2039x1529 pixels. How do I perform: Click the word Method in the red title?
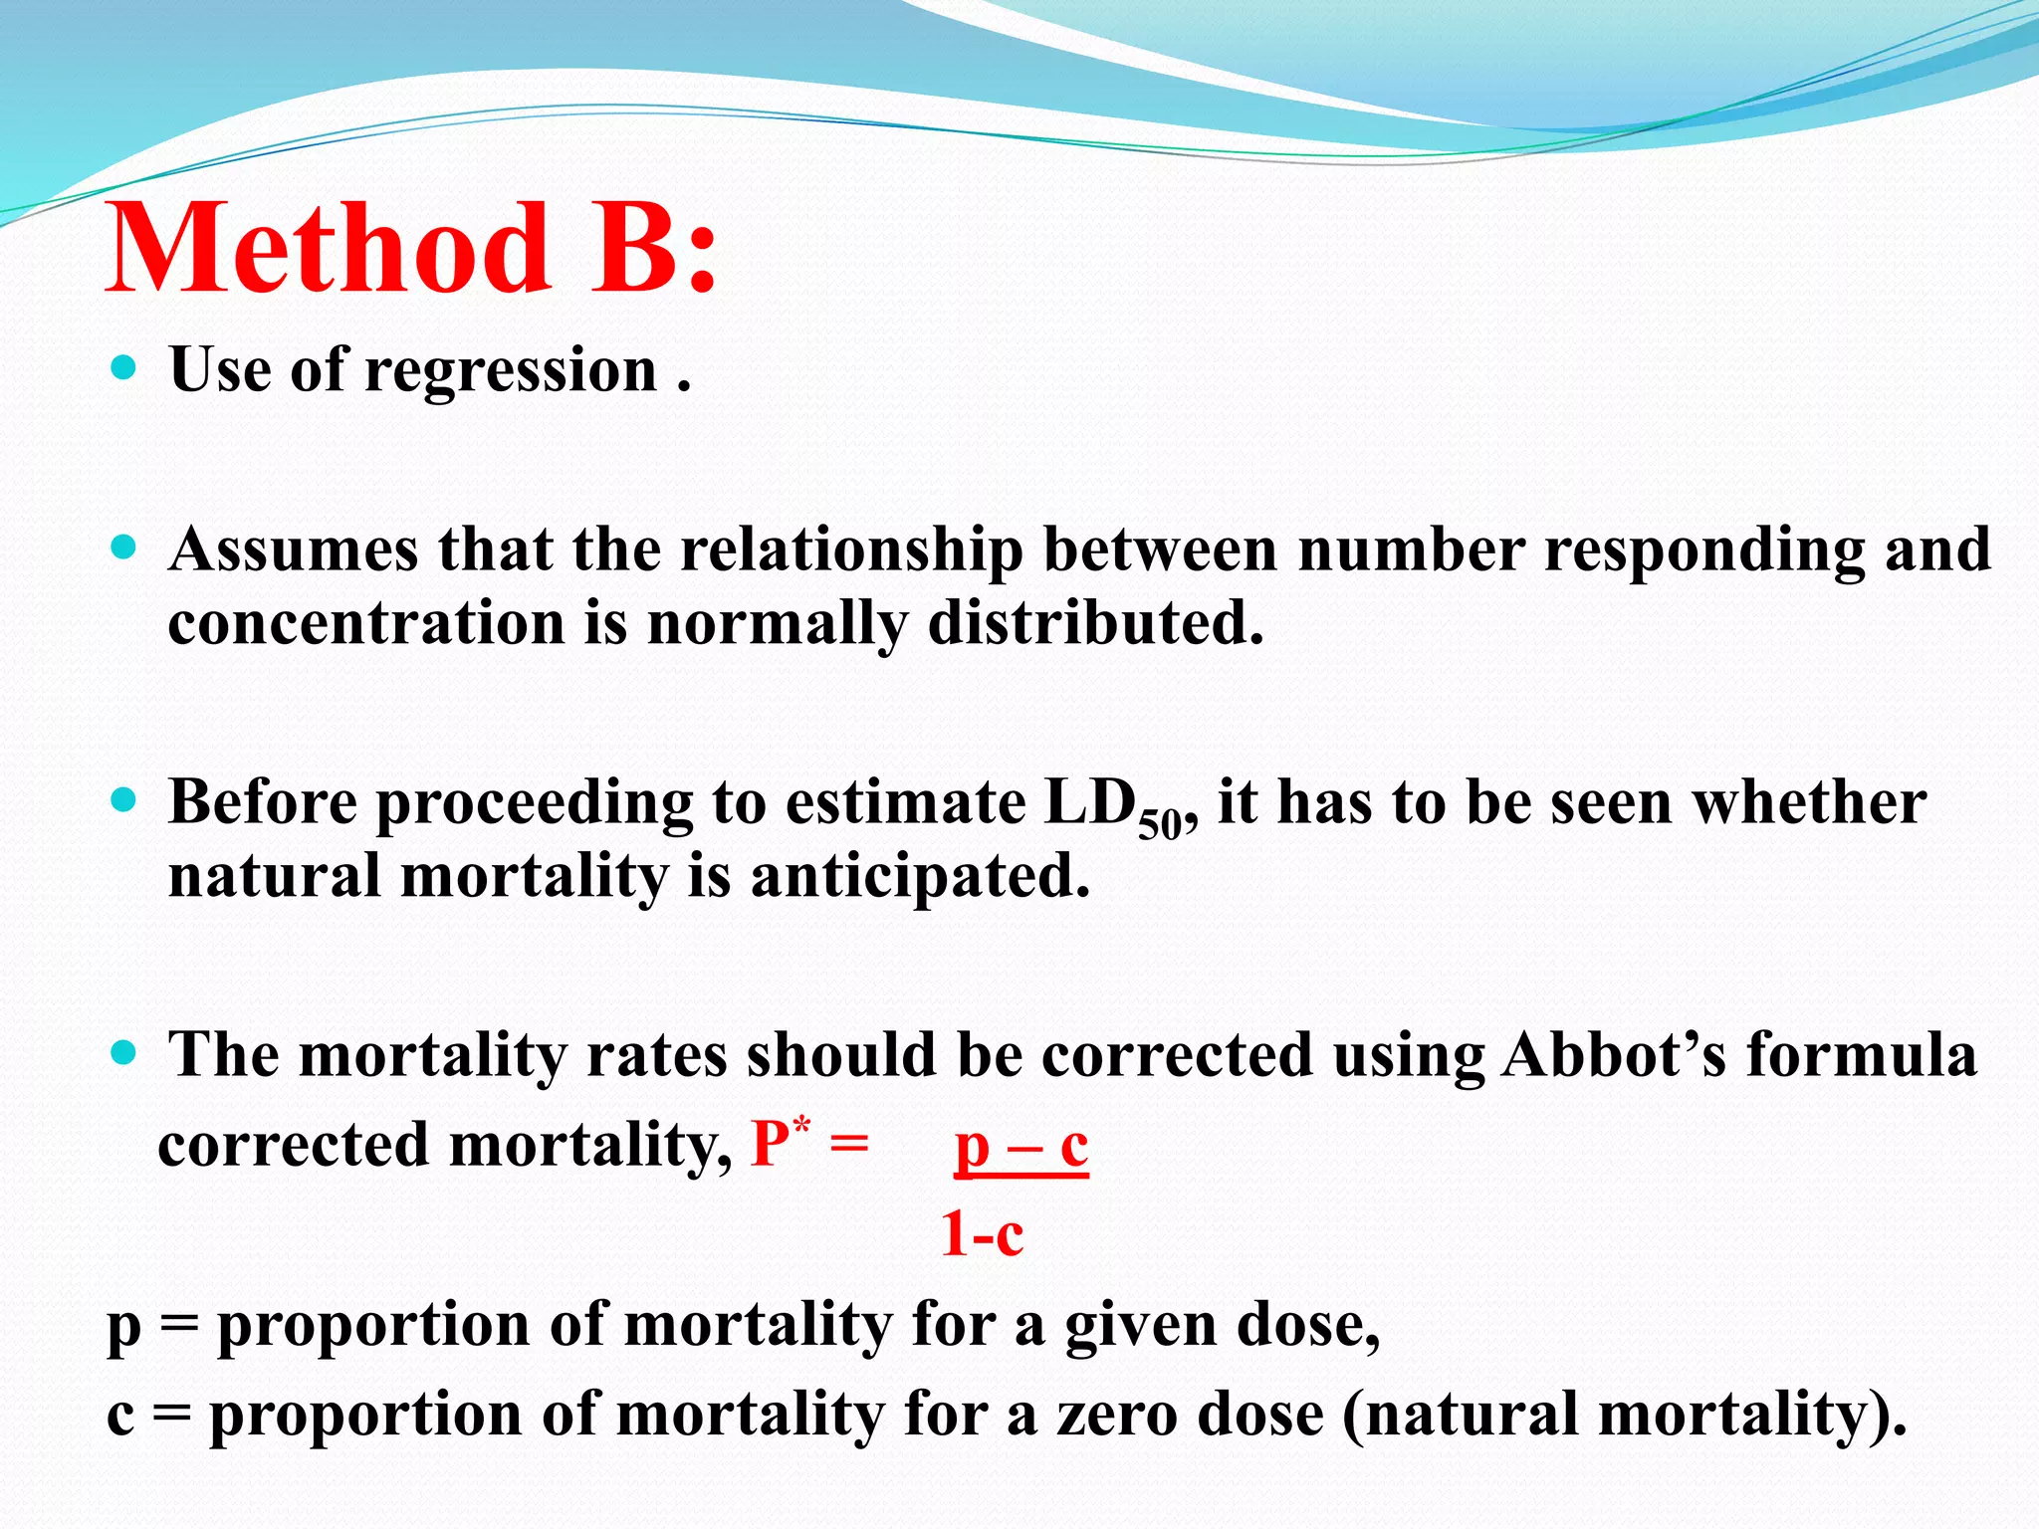(x=329, y=249)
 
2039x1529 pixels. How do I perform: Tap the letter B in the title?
(x=637, y=249)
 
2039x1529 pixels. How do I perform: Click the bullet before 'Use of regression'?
(x=123, y=369)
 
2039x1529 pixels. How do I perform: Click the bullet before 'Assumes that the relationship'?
(x=123, y=547)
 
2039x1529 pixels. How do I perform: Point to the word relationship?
(x=851, y=550)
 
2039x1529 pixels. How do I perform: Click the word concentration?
(x=365, y=625)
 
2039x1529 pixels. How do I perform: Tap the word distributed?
(x=1095, y=624)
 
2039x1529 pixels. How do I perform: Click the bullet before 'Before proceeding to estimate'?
(x=123, y=800)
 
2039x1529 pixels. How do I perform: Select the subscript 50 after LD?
(x=1158, y=825)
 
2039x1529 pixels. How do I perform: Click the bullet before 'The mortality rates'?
(x=123, y=1053)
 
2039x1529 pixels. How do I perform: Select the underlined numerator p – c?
(x=1020, y=1148)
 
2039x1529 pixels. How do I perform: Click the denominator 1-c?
(x=982, y=1235)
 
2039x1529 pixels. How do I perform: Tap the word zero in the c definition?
(x=1115, y=1416)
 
